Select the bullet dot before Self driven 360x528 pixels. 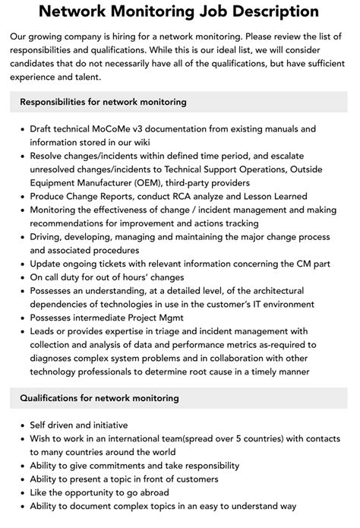pyautogui.click(x=21, y=425)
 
